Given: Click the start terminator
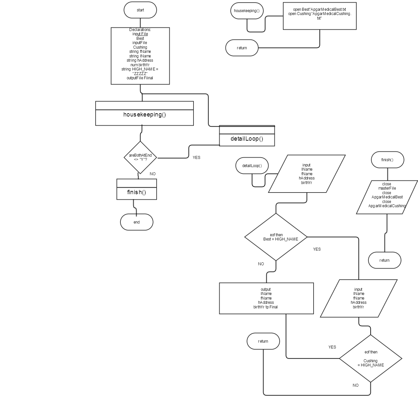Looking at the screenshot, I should click(x=140, y=10).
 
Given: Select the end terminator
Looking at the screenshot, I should click(x=137, y=222).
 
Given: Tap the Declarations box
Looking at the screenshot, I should click(x=140, y=56).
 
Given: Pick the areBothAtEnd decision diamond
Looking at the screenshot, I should click(x=140, y=157).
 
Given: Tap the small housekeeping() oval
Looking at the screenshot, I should click(x=247, y=11).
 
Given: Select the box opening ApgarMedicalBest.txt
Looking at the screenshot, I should click(x=320, y=16).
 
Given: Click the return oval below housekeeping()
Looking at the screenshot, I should click(x=242, y=48).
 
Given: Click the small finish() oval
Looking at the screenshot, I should click(x=388, y=160).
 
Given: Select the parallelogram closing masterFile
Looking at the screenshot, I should click(x=387, y=197).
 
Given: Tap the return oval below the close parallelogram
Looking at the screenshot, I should click(x=385, y=260).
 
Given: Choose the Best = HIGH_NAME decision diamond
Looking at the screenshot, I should click(x=276, y=237).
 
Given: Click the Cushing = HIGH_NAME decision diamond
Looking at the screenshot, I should click(x=371, y=359).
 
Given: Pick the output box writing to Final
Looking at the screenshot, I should click(x=266, y=298).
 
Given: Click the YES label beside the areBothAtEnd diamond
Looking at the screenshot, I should click(x=196, y=158).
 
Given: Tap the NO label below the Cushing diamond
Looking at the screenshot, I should click(x=356, y=385).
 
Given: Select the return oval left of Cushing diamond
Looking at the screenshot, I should click(x=263, y=341).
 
